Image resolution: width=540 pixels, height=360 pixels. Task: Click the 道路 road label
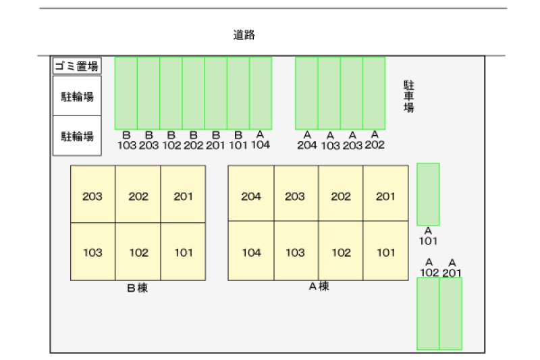[x=244, y=35]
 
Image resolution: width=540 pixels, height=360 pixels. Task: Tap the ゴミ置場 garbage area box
[x=77, y=66]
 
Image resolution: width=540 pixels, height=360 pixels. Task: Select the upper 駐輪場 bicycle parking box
[x=77, y=96]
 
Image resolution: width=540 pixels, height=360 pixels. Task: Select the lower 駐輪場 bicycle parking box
[x=77, y=136]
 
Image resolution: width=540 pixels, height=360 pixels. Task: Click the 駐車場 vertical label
[x=409, y=97]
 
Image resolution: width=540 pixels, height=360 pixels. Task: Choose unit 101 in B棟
[x=183, y=252]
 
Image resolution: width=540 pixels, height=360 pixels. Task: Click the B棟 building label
[x=138, y=288]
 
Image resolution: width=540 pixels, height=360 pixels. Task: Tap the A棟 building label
[x=319, y=286]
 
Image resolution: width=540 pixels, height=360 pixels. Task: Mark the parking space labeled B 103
[x=126, y=93]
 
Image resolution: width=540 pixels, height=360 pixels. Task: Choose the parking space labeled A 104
[x=261, y=93]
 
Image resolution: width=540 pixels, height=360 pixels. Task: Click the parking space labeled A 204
[x=306, y=93]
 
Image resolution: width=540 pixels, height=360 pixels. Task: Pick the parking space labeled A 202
[x=374, y=93]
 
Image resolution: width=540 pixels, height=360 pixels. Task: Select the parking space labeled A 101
[x=429, y=195]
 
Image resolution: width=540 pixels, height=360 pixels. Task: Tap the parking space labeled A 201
[x=451, y=314]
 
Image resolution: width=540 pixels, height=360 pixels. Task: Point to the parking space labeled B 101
[x=238, y=93]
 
